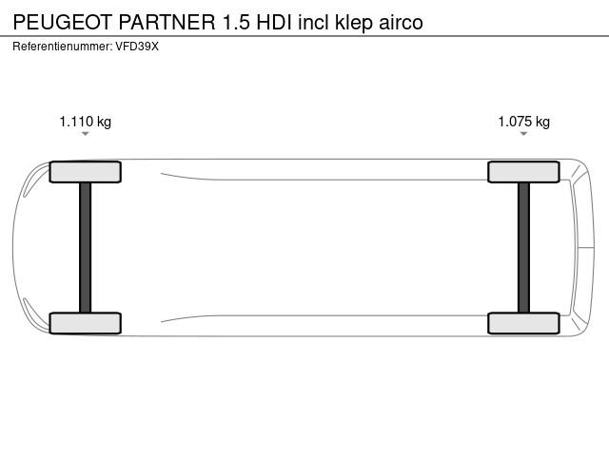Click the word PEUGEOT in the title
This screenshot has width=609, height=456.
tap(63, 22)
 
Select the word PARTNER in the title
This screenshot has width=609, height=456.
tap(167, 22)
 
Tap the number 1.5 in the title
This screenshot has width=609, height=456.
tap(236, 22)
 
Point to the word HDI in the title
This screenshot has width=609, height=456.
tap(274, 22)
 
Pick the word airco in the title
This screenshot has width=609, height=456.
tap(401, 23)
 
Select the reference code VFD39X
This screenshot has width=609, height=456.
tap(137, 47)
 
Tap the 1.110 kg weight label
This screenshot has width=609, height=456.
tap(85, 122)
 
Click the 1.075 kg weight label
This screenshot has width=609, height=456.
tap(524, 122)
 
